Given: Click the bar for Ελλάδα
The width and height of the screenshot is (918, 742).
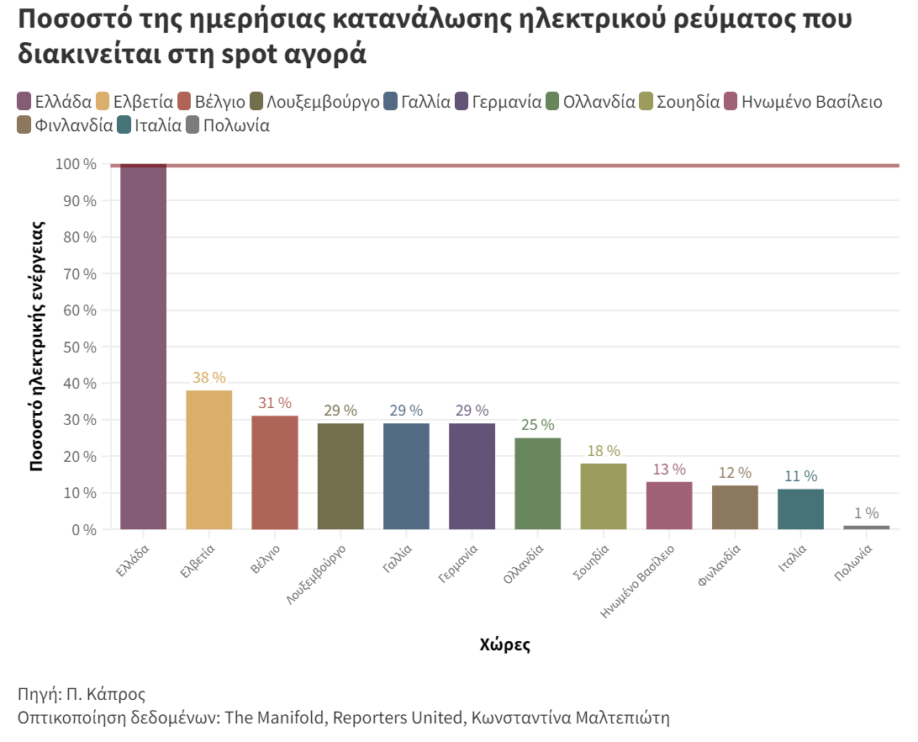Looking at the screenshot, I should pyautogui.click(x=143, y=347).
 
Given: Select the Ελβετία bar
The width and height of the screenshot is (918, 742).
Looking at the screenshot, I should pyautogui.click(x=208, y=459).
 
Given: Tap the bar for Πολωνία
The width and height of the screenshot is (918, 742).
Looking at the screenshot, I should pyautogui.click(x=866, y=527).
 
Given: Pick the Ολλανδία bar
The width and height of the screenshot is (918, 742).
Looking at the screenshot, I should pyautogui.click(x=537, y=484).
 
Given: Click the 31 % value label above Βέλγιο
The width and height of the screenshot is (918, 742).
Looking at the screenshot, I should pyautogui.click(x=275, y=403).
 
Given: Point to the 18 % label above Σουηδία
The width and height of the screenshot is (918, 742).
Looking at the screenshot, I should pyautogui.click(x=604, y=451).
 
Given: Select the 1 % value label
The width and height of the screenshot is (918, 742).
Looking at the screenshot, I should pyautogui.click(x=866, y=513).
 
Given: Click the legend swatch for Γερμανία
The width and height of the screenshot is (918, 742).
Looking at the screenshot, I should pyautogui.click(x=462, y=103).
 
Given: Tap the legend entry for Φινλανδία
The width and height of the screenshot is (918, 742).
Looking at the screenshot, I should pyautogui.click(x=74, y=126).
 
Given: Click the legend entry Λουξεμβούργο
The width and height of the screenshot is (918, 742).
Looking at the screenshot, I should pyautogui.click(x=323, y=103).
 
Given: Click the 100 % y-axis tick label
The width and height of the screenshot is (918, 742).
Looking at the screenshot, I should pyautogui.click(x=76, y=164).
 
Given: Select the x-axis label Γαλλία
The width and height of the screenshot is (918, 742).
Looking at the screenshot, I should pyautogui.click(x=397, y=559).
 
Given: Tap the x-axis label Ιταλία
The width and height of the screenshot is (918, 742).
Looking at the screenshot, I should pyautogui.click(x=793, y=559).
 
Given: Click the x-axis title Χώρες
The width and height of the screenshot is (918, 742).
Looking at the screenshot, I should pyautogui.click(x=504, y=645).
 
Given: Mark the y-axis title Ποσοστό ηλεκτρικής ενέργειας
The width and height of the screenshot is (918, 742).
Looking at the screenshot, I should pyautogui.click(x=37, y=346).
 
